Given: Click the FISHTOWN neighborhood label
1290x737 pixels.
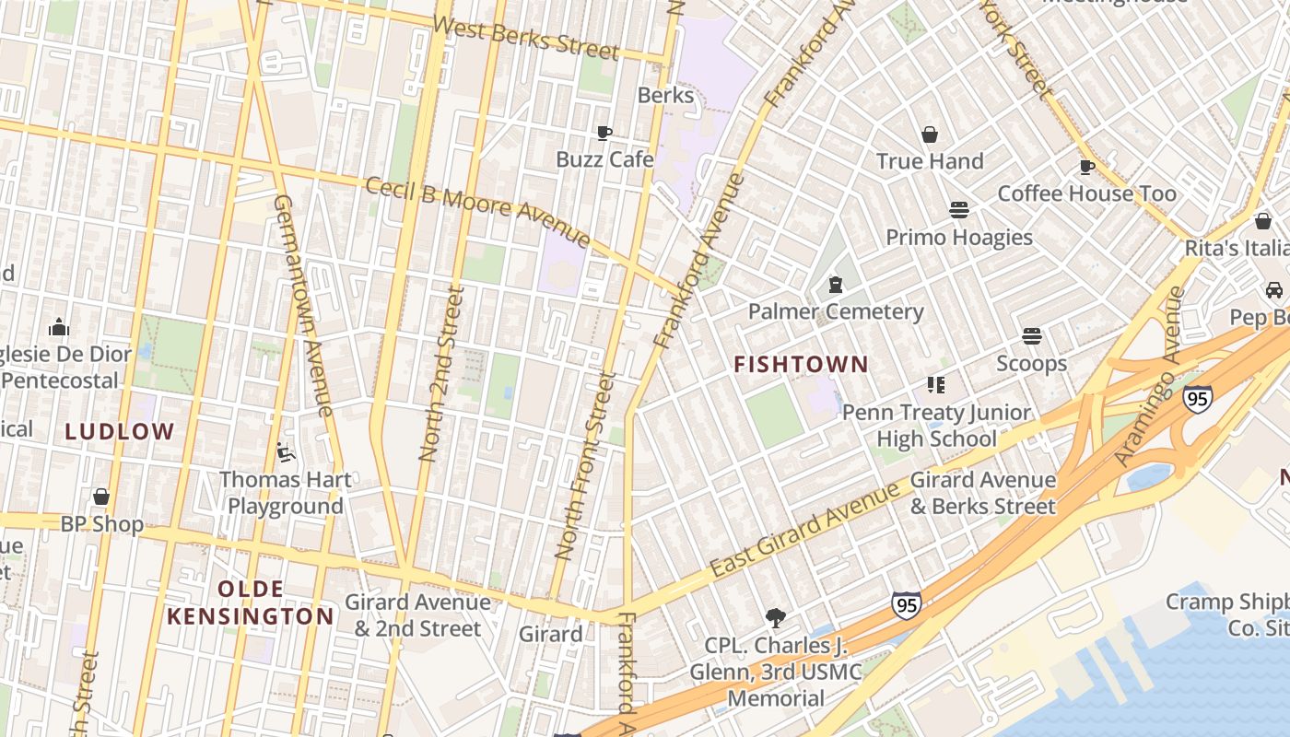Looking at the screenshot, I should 801,365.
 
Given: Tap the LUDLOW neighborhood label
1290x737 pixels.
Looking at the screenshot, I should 120,431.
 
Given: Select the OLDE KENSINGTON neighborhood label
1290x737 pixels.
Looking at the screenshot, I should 251,602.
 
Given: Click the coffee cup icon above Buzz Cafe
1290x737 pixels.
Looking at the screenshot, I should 604,134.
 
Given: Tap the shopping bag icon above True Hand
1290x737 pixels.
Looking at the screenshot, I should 930,135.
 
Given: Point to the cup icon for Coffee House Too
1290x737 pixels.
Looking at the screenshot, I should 1086,167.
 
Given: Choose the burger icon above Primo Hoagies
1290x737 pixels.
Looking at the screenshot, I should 959,210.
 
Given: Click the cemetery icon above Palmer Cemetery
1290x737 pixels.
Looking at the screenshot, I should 836,285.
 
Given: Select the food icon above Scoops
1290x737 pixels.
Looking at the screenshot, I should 1032,336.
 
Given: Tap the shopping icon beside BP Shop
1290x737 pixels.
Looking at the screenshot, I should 101,497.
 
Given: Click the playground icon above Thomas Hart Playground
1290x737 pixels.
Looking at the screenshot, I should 286,452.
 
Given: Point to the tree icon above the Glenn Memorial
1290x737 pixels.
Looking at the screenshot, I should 776,617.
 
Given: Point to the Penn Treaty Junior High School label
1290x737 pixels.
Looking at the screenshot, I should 936,426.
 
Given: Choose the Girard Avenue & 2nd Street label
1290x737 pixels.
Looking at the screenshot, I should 417,615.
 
